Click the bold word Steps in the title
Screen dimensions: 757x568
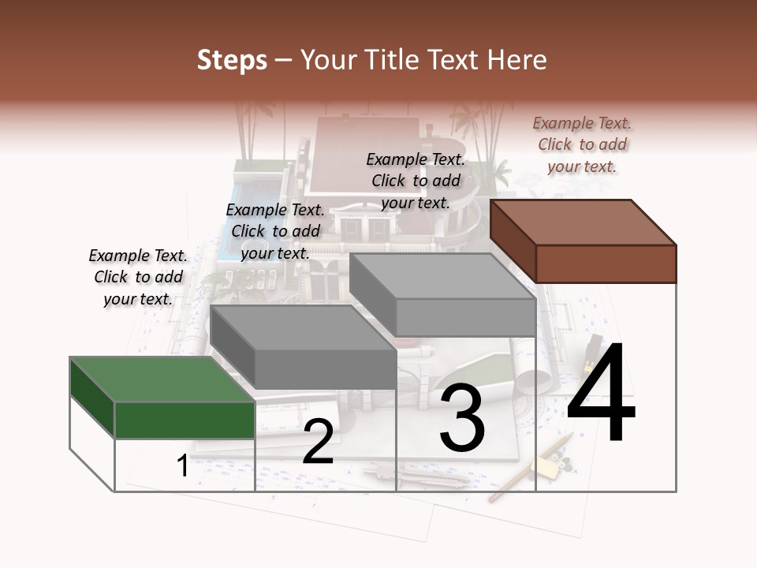click(x=232, y=60)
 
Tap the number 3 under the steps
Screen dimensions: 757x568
click(x=461, y=417)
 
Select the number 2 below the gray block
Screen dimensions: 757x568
click(x=318, y=442)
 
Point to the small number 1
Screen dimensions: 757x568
click(x=182, y=466)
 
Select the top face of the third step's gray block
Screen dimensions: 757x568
click(x=442, y=275)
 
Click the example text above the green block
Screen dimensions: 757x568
click(x=138, y=277)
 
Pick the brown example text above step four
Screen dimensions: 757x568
click(x=582, y=144)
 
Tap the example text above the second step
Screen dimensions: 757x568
click(x=275, y=231)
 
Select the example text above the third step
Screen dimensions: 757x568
click(x=416, y=181)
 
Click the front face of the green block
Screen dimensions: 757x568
click(x=185, y=420)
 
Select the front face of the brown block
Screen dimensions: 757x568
click(x=606, y=263)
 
